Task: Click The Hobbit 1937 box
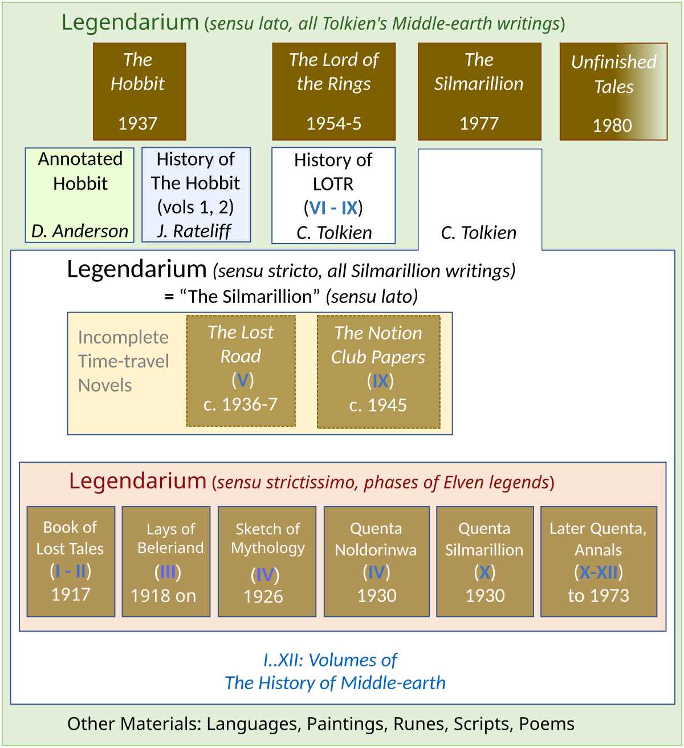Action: coord(139,91)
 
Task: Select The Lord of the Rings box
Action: coord(333,91)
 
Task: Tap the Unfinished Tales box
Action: coord(613,91)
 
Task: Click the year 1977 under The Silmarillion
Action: coord(479,123)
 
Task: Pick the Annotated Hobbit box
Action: coord(80,195)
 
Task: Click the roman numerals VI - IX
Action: coord(333,208)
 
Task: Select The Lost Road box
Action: coord(241,371)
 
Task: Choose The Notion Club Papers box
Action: coord(378,371)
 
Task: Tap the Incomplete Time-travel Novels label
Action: coord(123,361)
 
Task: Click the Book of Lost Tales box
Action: coord(71,561)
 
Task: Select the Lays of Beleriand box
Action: coord(166,561)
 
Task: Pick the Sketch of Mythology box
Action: coord(267,561)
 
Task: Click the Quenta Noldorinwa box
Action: coord(376,561)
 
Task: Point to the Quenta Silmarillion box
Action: coord(484,561)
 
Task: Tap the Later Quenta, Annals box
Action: coord(598,561)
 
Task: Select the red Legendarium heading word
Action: coord(137,481)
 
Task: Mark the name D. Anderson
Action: coord(80,231)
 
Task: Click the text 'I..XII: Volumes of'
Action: coord(330,660)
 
